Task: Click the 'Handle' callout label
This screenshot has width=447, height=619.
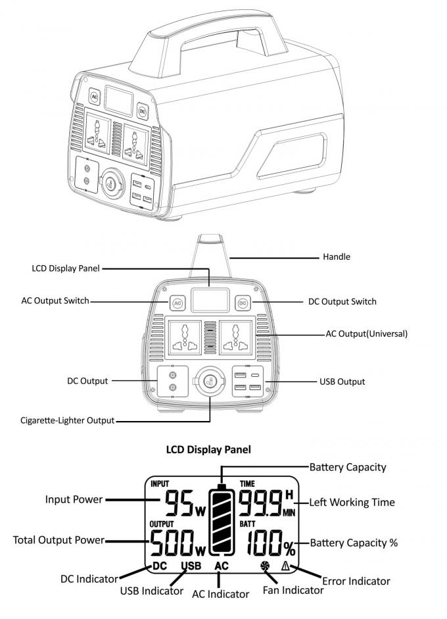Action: (x=337, y=257)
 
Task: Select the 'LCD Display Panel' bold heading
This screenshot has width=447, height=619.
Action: (x=208, y=450)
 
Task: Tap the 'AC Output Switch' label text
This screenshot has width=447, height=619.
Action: (x=55, y=301)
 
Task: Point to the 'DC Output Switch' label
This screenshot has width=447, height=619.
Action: (x=342, y=302)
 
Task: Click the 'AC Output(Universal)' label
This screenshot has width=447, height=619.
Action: (x=367, y=334)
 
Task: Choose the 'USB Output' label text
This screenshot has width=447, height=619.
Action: (x=342, y=382)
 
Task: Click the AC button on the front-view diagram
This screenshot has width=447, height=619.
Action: (x=177, y=303)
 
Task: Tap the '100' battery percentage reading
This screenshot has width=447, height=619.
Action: (x=264, y=541)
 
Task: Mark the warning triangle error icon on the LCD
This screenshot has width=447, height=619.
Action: (x=286, y=565)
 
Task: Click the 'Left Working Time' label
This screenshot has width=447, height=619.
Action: (x=352, y=502)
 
